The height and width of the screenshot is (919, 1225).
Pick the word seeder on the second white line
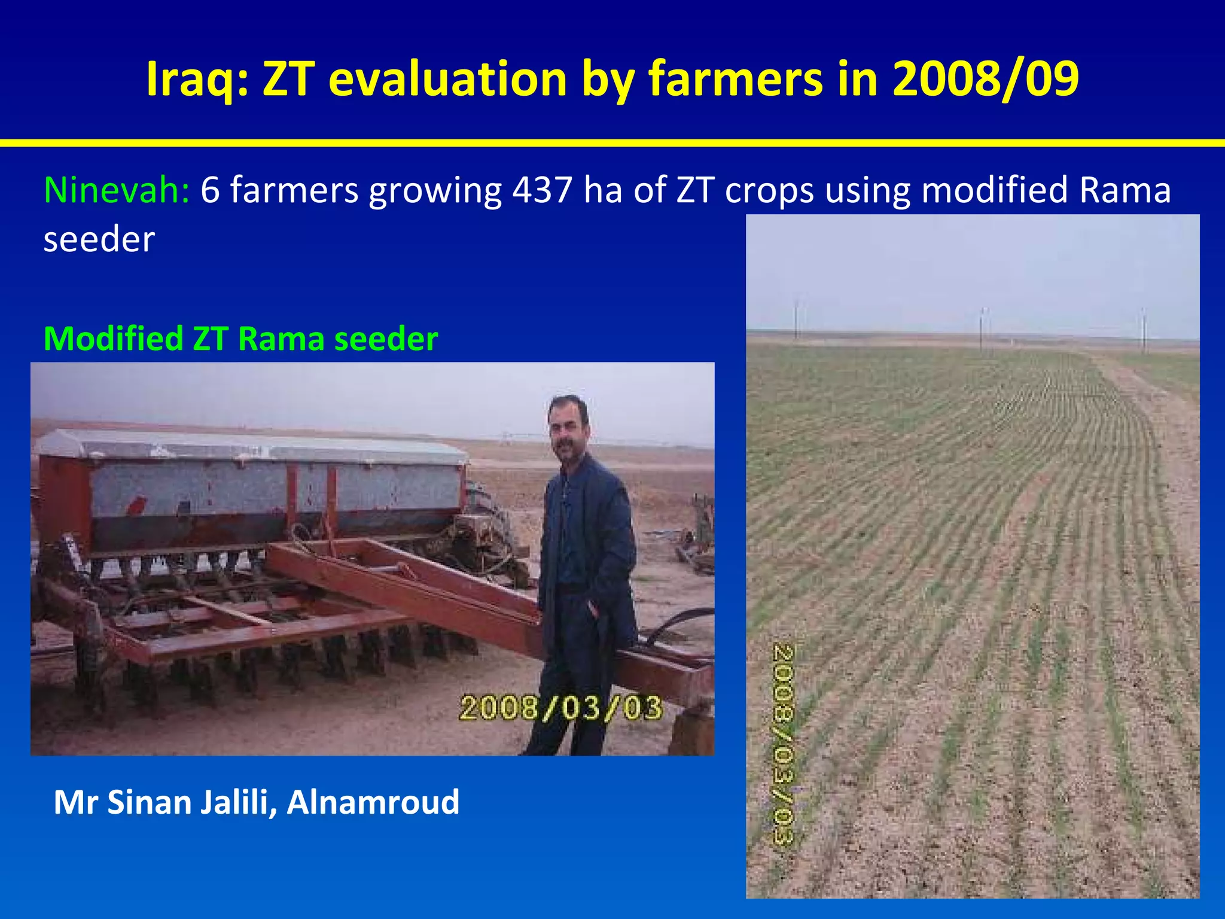(x=99, y=239)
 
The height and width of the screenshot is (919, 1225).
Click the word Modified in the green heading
(x=113, y=339)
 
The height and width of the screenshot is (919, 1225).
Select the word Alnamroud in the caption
(x=373, y=802)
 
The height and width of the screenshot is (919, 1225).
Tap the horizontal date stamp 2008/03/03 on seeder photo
(x=560, y=708)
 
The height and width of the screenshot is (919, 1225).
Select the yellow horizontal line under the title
(x=612, y=143)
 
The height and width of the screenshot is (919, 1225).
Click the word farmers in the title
(x=736, y=80)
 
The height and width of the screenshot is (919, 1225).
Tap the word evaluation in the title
(x=447, y=80)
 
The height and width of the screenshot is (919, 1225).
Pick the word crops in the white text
(x=770, y=190)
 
